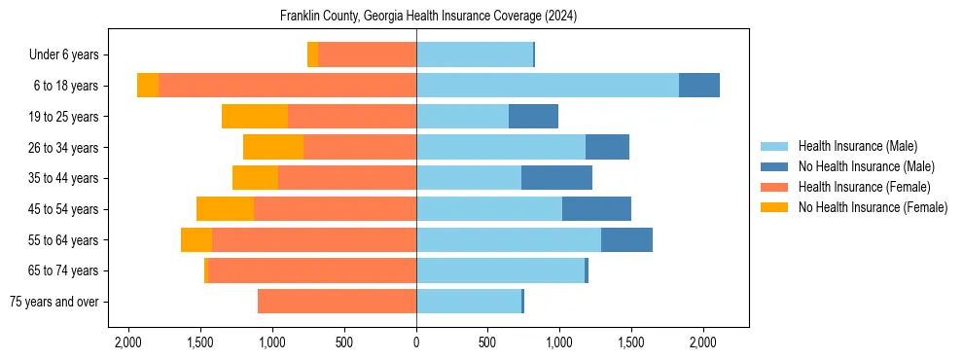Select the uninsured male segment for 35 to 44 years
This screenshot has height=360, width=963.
(556, 178)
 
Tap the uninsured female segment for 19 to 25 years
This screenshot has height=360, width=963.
(255, 117)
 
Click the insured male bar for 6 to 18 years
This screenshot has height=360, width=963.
(548, 86)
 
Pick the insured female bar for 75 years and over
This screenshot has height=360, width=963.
(337, 302)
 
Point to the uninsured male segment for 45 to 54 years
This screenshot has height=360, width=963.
(596, 209)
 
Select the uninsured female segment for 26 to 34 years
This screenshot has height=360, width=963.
(273, 147)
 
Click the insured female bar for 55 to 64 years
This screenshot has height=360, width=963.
(314, 240)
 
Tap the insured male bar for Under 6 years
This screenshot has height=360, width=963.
(475, 54)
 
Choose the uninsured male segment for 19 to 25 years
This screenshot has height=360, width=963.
(533, 117)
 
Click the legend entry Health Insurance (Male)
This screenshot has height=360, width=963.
(857, 146)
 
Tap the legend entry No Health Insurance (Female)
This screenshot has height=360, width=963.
(873, 207)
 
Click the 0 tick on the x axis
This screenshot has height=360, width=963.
(416, 342)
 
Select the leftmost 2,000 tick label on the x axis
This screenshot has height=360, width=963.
(128, 342)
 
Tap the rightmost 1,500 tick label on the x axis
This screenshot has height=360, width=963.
(631, 342)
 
